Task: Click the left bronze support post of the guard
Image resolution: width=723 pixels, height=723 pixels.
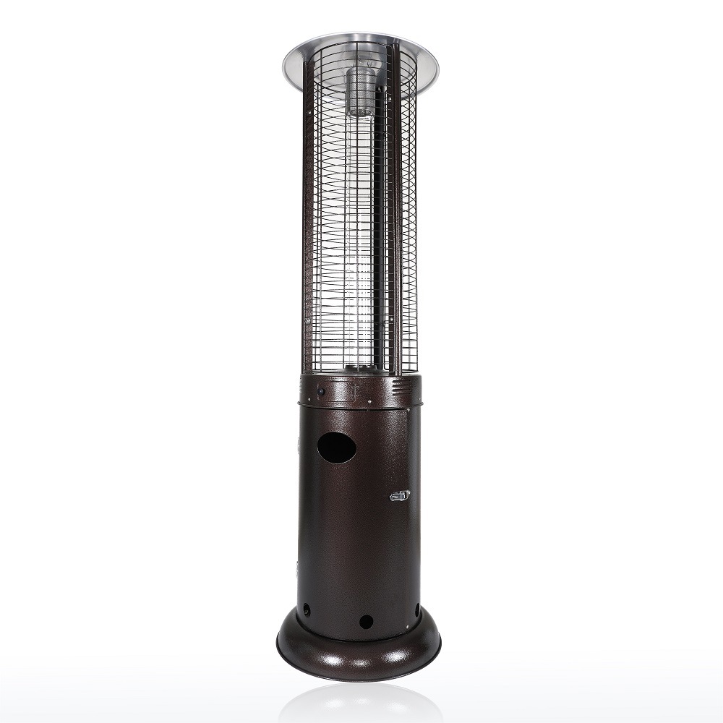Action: [307, 217]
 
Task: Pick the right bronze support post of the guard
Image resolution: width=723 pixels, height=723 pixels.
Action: [395, 217]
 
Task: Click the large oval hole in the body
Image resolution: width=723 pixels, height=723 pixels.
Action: [337, 448]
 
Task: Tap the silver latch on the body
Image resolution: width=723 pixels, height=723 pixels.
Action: [399, 495]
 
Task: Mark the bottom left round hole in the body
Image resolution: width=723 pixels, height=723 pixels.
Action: [306, 609]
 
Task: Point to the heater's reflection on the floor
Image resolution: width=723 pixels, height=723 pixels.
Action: [359, 705]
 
